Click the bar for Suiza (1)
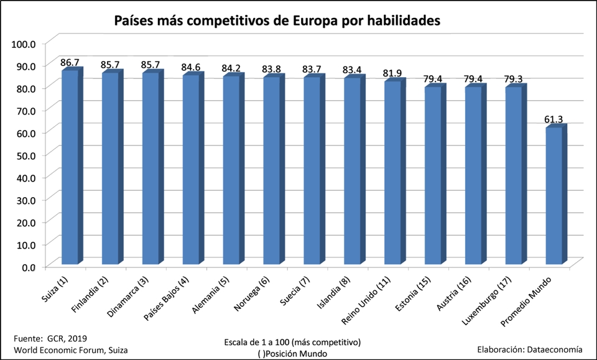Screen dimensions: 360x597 click(x=70, y=168)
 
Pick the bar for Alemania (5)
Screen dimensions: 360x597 click(x=231, y=172)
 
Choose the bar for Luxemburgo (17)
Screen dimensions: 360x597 click(x=514, y=177)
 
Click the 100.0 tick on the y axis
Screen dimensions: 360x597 click(x=25, y=43)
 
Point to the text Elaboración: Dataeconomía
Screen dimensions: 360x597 click(x=534, y=349)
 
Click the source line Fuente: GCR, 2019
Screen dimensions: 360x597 click(x=50, y=339)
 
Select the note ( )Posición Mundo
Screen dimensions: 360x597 click(x=291, y=353)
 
